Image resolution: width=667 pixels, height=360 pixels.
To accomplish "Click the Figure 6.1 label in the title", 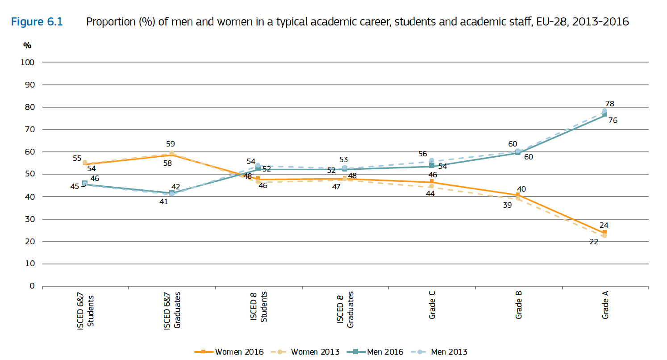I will point(37,22).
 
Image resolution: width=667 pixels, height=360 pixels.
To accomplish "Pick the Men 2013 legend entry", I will point(449,352).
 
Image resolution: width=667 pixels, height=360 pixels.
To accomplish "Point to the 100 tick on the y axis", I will point(28,63).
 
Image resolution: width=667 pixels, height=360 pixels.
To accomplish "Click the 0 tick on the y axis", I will point(32,286).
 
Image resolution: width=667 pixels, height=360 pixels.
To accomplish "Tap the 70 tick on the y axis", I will point(29,130).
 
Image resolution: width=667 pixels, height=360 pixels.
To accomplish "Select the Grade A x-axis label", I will point(605,306).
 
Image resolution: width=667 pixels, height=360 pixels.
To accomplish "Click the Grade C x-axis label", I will point(432,306).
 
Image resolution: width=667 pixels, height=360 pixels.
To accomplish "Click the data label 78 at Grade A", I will point(609,104).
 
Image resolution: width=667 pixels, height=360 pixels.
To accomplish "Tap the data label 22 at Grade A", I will point(594,242).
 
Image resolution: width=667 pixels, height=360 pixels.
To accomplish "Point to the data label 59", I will point(170,144).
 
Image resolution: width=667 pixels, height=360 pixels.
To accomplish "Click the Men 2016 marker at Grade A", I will point(604,115).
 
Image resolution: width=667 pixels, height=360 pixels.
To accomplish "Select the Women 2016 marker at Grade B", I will point(518,195).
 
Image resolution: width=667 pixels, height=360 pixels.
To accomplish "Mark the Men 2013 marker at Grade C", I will point(431,160).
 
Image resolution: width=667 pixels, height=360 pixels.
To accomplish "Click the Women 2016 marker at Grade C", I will point(431,182).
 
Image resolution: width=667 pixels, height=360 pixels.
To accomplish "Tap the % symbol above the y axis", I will point(27,45).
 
